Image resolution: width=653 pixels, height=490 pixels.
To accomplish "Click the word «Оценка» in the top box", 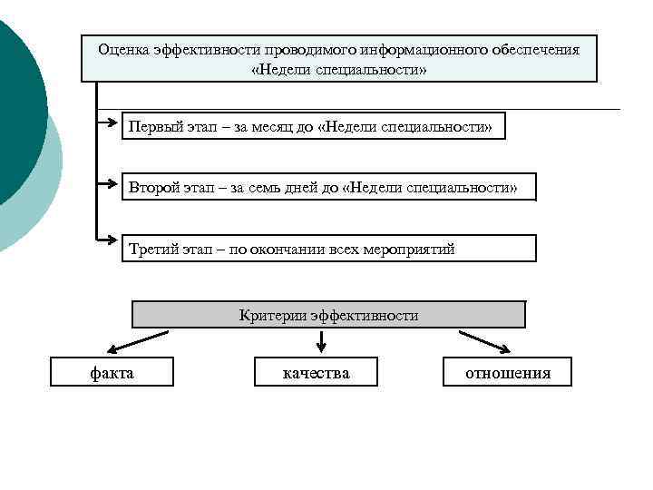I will (x=122, y=49).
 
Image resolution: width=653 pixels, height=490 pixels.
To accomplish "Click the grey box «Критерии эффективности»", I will (x=328, y=315).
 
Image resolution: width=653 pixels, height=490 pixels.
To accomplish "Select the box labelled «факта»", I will (x=112, y=372).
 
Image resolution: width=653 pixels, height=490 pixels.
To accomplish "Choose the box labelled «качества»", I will (x=316, y=372).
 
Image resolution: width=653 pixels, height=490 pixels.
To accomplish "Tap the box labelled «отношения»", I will (x=507, y=372).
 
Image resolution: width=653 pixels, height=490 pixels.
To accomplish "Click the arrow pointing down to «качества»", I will (x=321, y=343).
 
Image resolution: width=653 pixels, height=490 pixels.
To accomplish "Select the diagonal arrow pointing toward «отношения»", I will (x=484, y=341).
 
